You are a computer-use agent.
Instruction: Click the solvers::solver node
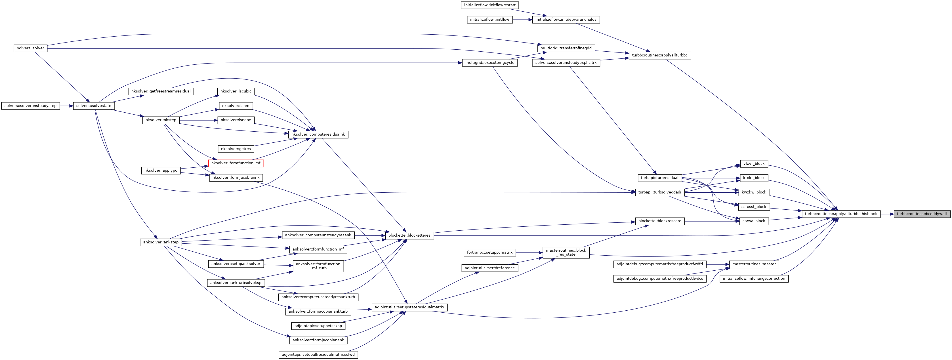pyautogui.click(x=30, y=48)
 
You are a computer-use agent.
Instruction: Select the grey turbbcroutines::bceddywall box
pyautogui.click(x=921, y=214)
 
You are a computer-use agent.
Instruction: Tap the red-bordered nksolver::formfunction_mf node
pyautogui.click(x=236, y=163)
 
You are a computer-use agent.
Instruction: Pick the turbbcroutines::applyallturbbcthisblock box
pyautogui.click(x=840, y=214)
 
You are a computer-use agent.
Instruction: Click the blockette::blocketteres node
pyautogui.click(x=409, y=235)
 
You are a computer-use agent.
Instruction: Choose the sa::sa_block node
pyautogui.click(x=754, y=221)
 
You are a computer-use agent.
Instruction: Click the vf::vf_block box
pyautogui.click(x=754, y=163)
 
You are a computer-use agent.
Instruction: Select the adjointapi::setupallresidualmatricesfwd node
pyautogui.click(x=318, y=354)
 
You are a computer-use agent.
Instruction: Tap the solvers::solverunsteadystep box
pyautogui.click(x=30, y=106)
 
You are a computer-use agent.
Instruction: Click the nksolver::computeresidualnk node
pyautogui.click(x=318, y=134)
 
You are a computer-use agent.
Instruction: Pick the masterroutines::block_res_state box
pyautogui.click(x=566, y=252)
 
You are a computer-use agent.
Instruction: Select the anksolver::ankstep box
pyautogui.click(x=161, y=242)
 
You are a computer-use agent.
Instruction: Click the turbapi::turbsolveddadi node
pyautogui.click(x=659, y=192)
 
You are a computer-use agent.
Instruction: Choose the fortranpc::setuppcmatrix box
pyautogui.click(x=490, y=252)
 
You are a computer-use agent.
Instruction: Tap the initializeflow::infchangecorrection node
pyautogui.click(x=754, y=278)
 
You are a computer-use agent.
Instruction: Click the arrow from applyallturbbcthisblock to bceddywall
pyautogui.click(x=887, y=214)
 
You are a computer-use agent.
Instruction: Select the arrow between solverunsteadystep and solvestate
pyautogui.click(x=66, y=106)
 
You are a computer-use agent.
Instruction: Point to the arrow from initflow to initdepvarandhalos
pyautogui.click(x=522, y=20)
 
